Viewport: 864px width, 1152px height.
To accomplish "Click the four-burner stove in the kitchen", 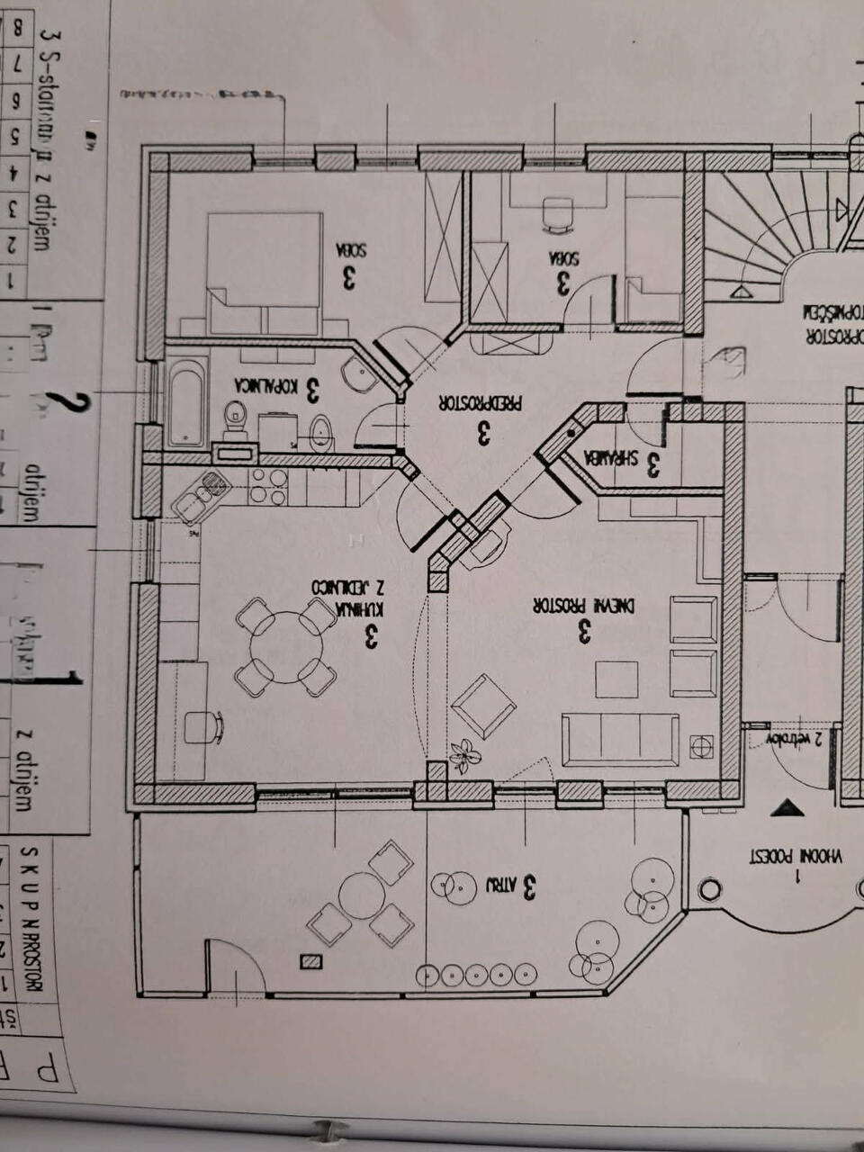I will coord(268,485).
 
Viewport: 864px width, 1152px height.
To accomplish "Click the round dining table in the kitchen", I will coord(286,647).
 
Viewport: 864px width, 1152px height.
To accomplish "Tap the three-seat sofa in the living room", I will coord(620,739).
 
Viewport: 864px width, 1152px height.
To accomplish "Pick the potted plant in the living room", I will coord(464,754).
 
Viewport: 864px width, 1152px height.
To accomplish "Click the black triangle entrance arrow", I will coord(787,807).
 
